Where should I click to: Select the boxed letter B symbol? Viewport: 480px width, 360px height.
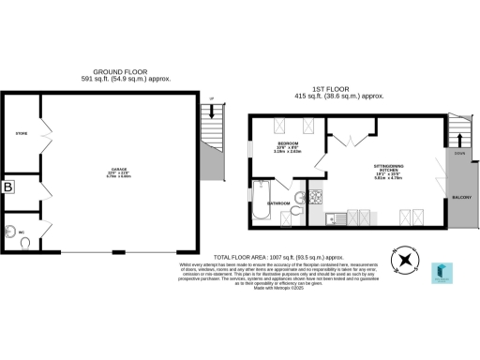tap(9, 187)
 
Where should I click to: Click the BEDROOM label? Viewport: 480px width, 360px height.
tap(287, 143)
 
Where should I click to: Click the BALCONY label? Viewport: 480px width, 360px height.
tap(459, 198)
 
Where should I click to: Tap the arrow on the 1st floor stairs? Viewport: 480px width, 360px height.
tap(459, 131)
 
